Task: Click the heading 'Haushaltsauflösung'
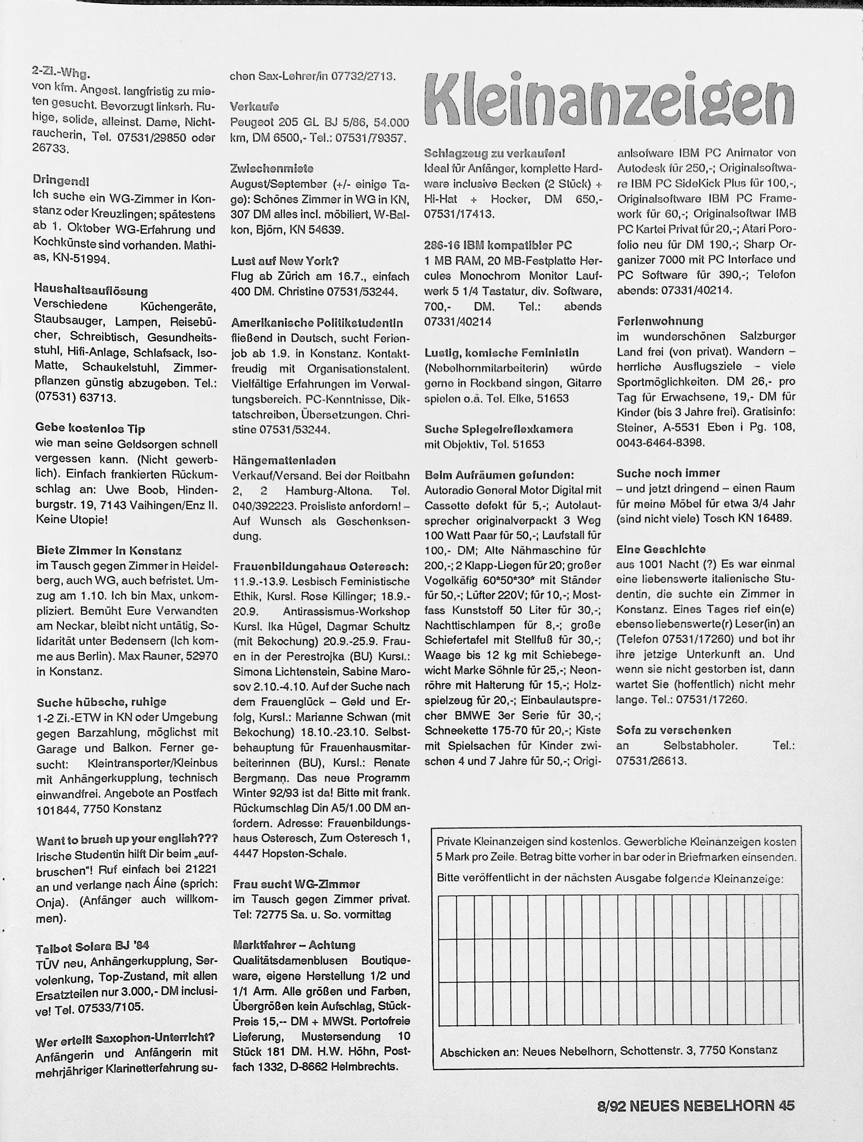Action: (x=91, y=291)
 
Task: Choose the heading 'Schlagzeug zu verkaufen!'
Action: (x=494, y=153)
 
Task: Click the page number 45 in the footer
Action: (x=786, y=1105)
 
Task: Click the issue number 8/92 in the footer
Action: (x=611, y=1105)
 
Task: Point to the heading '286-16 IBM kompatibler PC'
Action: (x=498, y=245)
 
